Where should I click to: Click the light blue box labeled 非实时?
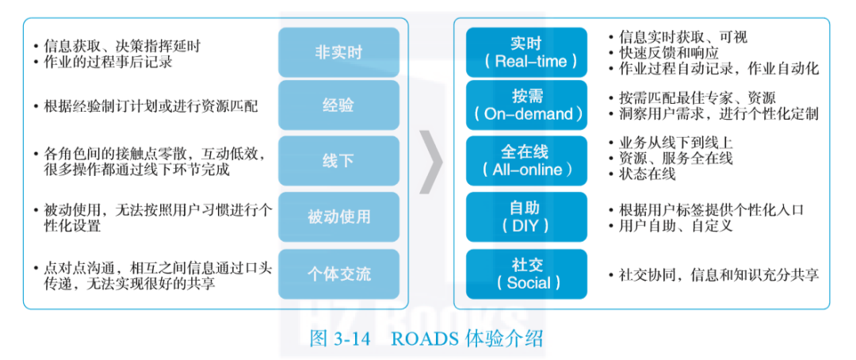point(338,52)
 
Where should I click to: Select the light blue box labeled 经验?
point(338,105)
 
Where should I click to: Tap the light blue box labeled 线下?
point(338,161)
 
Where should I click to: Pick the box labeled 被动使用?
point(338,216)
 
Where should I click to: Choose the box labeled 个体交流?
point(338,274)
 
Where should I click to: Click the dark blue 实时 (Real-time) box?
point(526,52)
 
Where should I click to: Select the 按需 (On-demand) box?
point(526,105)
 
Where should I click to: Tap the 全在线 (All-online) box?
point(526,161)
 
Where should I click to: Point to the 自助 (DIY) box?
point(526,216)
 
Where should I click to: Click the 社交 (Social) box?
point(526,274)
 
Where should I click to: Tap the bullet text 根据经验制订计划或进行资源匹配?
point(151,105)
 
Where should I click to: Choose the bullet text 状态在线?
point(647,174)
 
